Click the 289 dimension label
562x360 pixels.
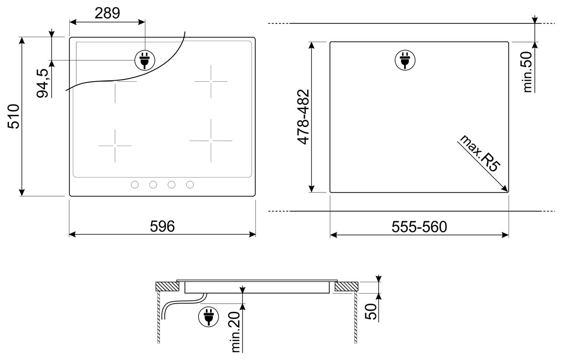coord(107,13)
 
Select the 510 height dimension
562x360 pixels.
coord(14,116)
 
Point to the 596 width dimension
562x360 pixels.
coord(162,226)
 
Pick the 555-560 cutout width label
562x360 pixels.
coord(419,227)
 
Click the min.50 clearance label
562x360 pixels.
coord(528,72)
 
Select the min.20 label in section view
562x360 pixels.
coord(236,332)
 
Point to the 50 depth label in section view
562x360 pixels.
coord(371,311)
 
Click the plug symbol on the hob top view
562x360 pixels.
coord(145,60)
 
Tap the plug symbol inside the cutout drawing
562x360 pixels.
coord(405,60)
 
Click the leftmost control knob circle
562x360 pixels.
coord(135,185)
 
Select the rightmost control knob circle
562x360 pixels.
coord(190,185)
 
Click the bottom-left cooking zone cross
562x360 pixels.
coord(115,146)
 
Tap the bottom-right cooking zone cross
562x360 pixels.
coord(211,140)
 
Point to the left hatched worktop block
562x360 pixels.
coord(168,286)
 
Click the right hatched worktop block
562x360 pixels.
coord(346,286)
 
